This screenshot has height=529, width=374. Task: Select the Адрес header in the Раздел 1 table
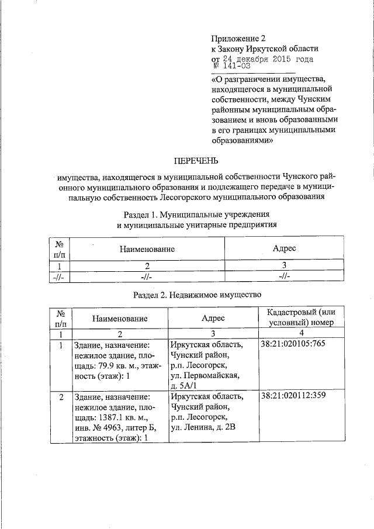click(x=284, y=248)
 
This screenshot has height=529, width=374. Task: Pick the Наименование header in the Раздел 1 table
click(x=147, y=249)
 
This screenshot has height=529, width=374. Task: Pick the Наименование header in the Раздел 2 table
click(x=119, y=319)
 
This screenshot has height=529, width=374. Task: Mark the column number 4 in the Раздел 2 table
click(x=301, y=333)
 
